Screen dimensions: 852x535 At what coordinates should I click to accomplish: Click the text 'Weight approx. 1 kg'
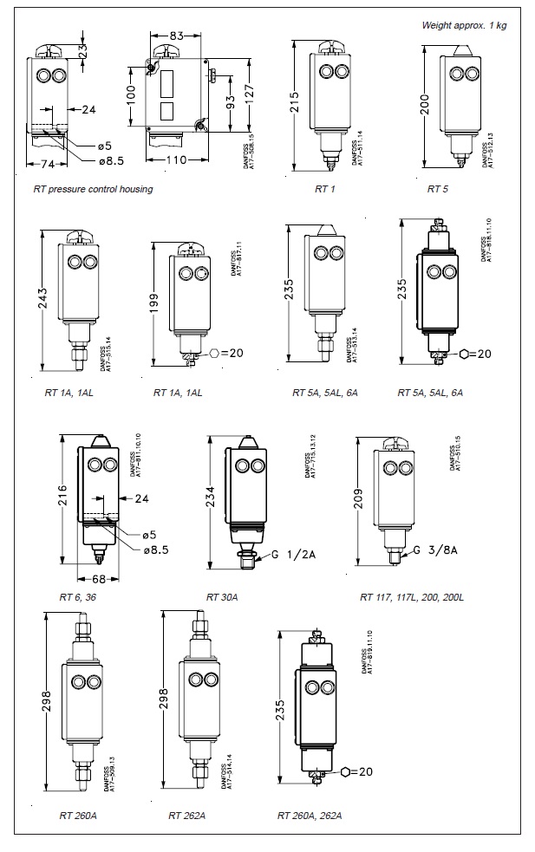point(464,25)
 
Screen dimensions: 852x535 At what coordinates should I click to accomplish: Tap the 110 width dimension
point(176,160)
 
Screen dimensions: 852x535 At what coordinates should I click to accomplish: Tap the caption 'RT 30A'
point(222,597)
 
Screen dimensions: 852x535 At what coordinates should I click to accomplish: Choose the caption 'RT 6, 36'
point(78,597)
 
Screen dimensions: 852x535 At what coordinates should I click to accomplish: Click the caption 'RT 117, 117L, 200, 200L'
point(412,597)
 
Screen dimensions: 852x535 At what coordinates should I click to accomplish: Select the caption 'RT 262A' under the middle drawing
point(186,815)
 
